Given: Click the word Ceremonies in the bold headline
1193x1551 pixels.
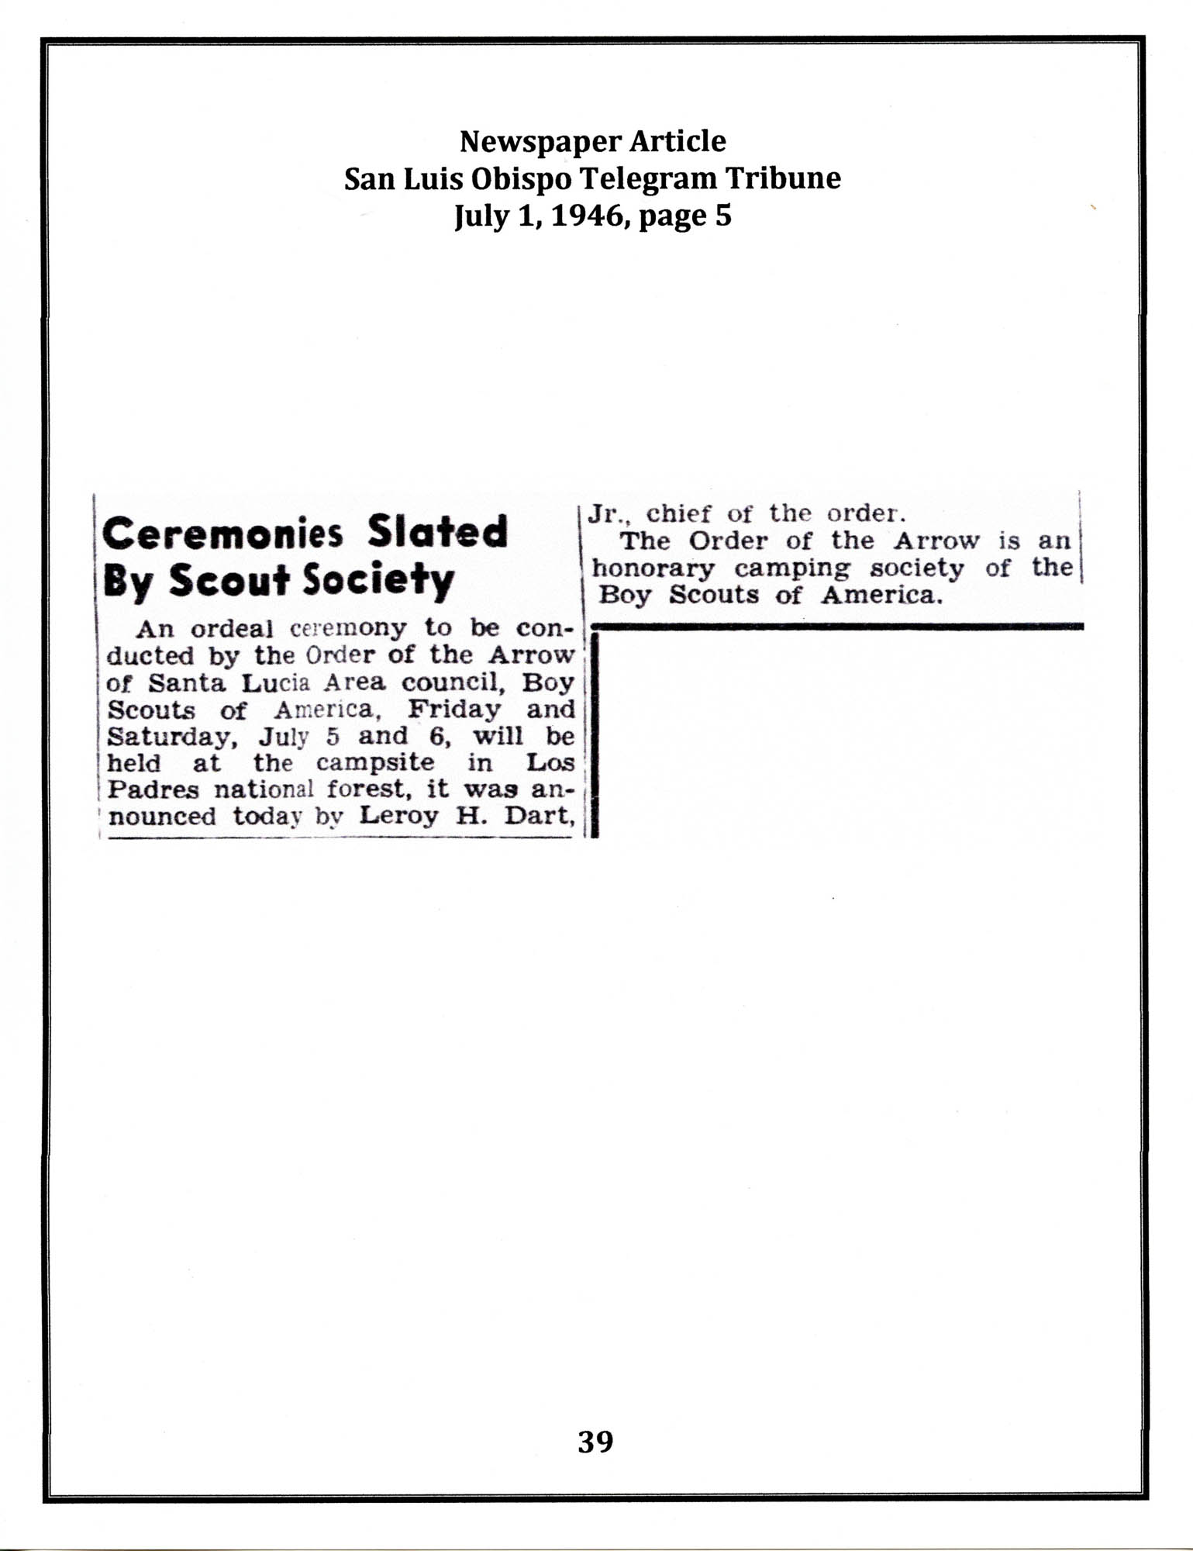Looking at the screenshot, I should click(222, 534).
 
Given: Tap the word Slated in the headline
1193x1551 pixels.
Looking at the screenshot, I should click(437, 532).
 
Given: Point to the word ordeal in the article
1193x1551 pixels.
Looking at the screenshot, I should click(232, 627).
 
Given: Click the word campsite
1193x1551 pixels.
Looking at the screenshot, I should click(375, 762).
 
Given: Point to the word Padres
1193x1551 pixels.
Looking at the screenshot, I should click(152, 789).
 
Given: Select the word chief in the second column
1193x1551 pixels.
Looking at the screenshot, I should click(678, 513).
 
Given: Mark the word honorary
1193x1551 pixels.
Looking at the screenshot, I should click(653, 568).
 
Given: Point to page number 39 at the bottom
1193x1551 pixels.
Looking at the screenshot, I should click(595, 1441).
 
